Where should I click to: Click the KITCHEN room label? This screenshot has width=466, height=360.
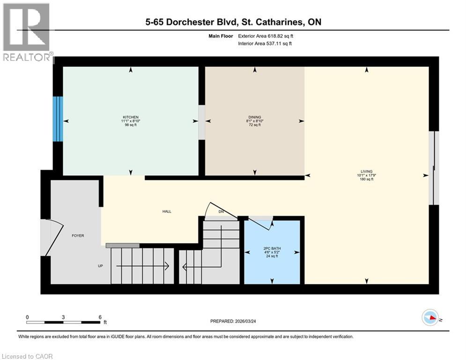click(x=131, y=117)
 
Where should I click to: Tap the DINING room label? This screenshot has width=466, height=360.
click(x=255, y=117)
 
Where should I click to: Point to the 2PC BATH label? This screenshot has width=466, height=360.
click(x=272, y=248)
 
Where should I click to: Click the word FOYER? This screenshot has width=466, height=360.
click(x=78, y=235)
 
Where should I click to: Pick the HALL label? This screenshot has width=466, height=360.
click(x=167, y=211)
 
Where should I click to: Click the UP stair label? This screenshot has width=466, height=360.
click(x=100, y=266)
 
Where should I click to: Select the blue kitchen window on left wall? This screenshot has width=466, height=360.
click(x=58, y=119)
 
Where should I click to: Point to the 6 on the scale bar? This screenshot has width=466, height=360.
click(x=100, y=317)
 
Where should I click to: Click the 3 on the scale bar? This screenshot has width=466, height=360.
click(x=63, y=317)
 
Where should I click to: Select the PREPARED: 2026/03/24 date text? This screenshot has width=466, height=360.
click(x=234, y=321)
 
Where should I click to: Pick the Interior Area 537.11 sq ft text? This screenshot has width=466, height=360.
click(x=266, y=44)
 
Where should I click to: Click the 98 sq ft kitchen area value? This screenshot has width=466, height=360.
click(x=131, y=125)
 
